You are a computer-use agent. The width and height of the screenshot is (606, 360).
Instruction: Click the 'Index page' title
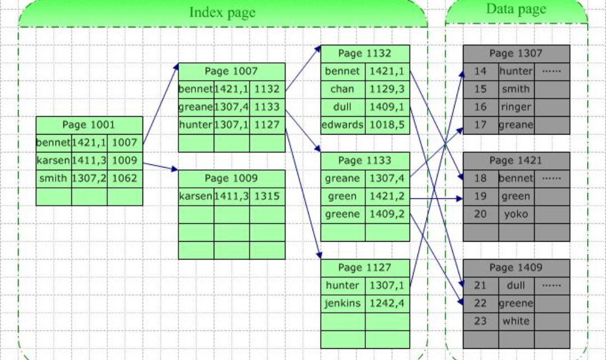point(222,12)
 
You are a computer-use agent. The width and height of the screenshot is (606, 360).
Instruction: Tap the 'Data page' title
point(516,9)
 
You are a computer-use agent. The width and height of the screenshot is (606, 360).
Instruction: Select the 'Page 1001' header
point(89,124)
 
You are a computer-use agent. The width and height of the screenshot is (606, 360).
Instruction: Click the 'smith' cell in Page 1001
point(53,179)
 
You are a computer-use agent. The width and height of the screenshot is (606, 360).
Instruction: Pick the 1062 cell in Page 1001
point(125,179)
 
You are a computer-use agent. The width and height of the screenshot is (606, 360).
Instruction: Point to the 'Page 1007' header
point(231,71)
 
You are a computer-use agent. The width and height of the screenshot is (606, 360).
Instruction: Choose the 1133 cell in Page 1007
point(267,107)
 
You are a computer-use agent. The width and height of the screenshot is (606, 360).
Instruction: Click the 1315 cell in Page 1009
point(267,197)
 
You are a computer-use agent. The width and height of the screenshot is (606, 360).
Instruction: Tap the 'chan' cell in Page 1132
point(342,89)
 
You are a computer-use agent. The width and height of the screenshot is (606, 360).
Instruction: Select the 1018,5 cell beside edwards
point(387,125)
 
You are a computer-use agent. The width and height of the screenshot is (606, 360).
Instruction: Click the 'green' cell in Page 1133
point(342,197)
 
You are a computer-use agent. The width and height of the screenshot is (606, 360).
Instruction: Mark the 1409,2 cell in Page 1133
point(387,214)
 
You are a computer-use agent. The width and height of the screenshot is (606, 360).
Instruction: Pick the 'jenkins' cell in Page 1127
point(342,303)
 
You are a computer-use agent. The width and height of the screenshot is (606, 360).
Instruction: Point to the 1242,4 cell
point(387,303)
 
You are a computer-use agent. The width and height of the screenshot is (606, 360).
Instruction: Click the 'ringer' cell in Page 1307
point(516,107)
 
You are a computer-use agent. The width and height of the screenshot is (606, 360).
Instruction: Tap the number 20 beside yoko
point(480,214)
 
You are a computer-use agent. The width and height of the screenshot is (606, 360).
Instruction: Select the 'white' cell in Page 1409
point(516,321)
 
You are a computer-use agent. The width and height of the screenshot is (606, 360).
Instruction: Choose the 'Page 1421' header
point(516,161)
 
